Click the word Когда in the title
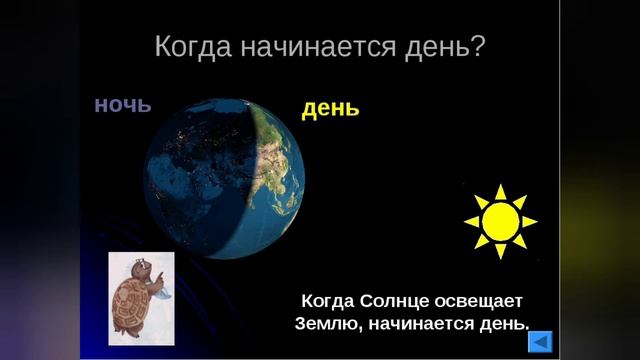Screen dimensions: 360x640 [x=195, y=47]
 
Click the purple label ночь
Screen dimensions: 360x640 [x=122, y=103]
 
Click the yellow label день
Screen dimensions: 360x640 [x=330, y=108]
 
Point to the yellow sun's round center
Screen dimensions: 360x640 [x=500, y=221]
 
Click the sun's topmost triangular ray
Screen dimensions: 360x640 [x=500, y=190]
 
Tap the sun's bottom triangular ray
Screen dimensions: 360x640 [x=500, y=252]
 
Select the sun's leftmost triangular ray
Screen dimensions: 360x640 [x=470, y=221]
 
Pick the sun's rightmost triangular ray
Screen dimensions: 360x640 [x=531, y=221]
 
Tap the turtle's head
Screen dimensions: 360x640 [x=142, y=267]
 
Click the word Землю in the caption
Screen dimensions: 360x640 [x=327, y=324]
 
